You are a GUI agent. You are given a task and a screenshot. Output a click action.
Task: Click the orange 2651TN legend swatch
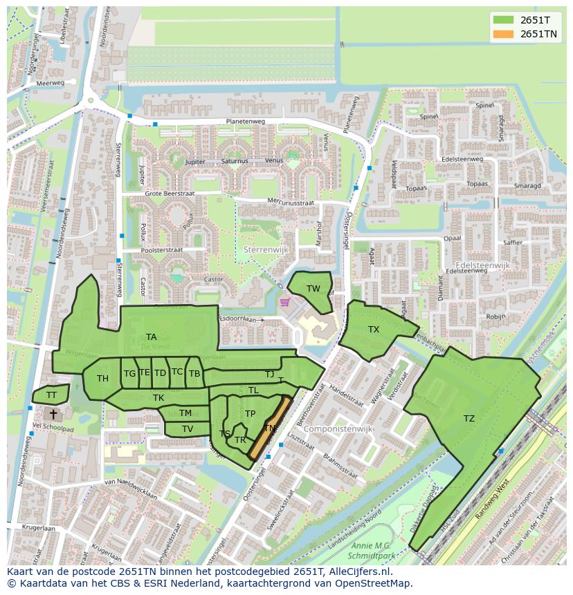point(503,34)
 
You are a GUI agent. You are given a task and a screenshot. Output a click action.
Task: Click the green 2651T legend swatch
point(503,19)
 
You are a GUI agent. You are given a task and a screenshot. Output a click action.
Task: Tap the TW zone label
point(313,289)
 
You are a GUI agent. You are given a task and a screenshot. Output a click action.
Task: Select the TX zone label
point(374,330)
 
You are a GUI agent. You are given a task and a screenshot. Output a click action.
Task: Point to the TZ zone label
point(469,419)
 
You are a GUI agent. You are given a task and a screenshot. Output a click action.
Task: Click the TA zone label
point(151,337)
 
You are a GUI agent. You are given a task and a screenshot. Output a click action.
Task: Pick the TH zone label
point(102,379)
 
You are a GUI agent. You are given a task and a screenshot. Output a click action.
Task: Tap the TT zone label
point(51,395)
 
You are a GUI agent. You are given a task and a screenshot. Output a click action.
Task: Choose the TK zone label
point(158,398)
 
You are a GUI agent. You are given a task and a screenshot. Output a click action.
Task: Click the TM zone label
point(185,413)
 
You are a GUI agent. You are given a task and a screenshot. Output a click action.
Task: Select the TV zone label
point(188,429)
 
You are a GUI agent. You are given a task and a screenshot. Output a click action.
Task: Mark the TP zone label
point(250,414)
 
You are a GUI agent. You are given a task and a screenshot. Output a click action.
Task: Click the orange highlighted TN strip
point(269,428)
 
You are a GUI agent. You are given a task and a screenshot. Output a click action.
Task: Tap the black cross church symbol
point(53,414)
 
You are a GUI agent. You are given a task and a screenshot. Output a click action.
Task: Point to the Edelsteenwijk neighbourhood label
point(482,265)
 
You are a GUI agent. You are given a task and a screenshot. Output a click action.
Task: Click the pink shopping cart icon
point(284,302)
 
